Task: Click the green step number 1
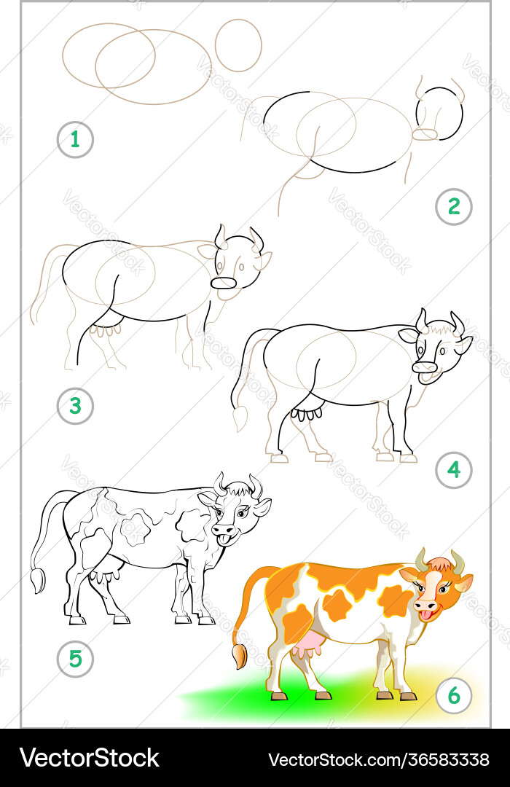(x=75, y=139)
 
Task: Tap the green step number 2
(x=454, y=205)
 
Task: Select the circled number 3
(x=75, y=406)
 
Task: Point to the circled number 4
(x=454, y=470)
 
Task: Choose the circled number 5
(x=75, y=658)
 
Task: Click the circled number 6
(x=454, y=696)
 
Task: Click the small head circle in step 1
(x=238, y=45)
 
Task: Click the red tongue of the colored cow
(x=425, y=616)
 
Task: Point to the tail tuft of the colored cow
(x=239, y=657)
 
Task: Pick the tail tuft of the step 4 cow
(x=240, y=418)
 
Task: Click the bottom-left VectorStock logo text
(x=90, y=758)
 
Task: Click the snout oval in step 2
(x=425, y=135)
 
